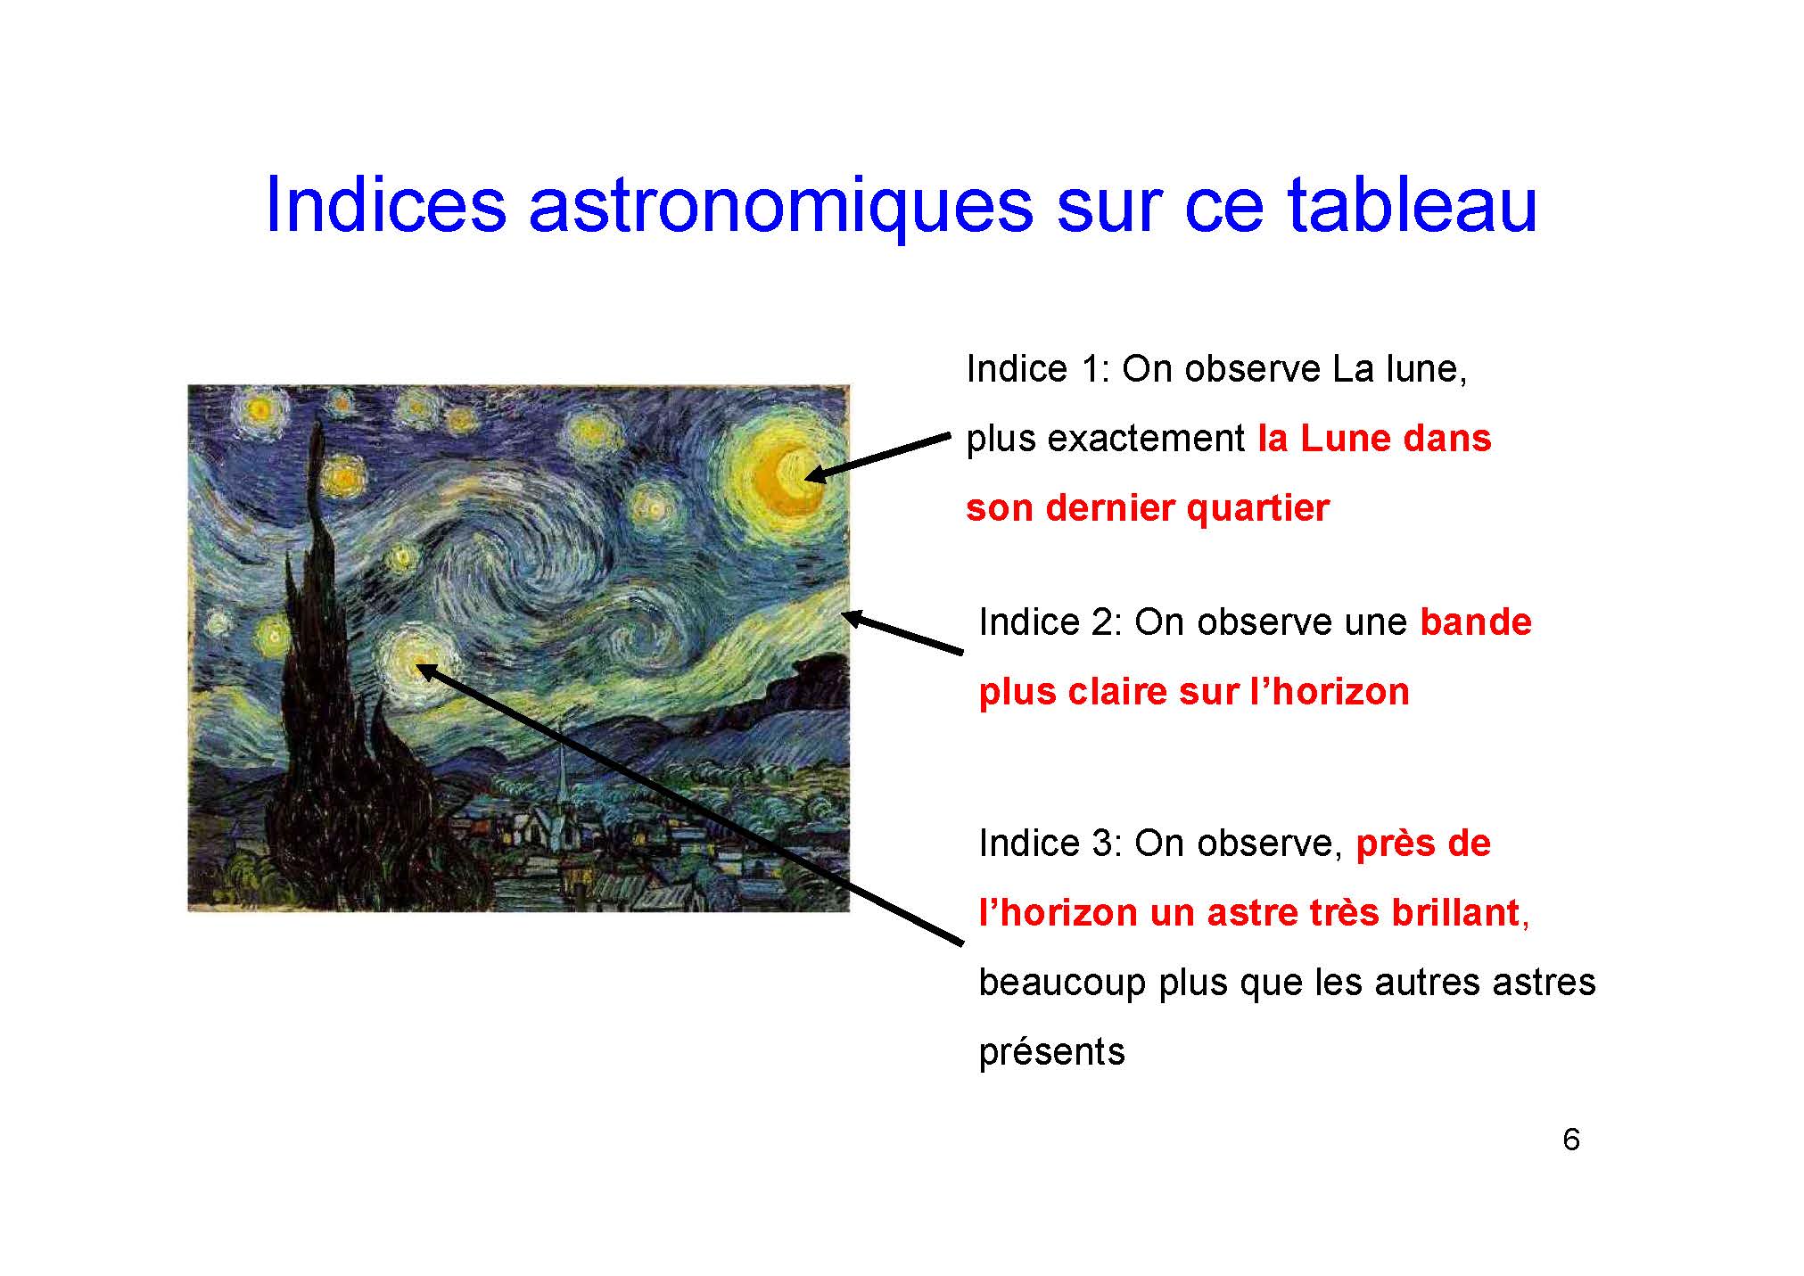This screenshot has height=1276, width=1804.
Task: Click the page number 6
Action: pos(1571,1139)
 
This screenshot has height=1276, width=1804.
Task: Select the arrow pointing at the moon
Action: pos(877,457)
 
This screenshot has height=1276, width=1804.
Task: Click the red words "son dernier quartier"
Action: pos(1148,508)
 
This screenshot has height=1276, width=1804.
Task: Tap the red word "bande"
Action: pos(1476,622)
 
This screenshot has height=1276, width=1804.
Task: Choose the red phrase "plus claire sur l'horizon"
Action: pos(1194,692)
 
